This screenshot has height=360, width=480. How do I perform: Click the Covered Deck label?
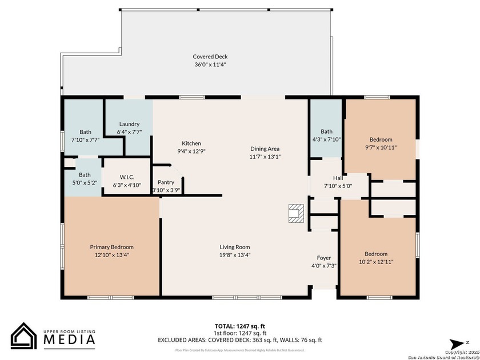tap(210, 57)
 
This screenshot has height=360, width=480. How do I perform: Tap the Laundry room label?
tap(129, 124)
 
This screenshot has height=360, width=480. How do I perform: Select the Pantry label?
tap(166, 182)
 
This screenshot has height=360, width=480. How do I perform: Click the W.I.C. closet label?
tap(127, 177)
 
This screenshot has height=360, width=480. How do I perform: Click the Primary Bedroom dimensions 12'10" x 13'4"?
tap(111, 255)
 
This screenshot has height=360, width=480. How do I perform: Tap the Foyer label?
tap(324, 258)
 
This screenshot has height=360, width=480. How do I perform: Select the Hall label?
tap(338, 178)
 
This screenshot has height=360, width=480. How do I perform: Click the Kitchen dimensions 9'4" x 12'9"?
tap(191, 151)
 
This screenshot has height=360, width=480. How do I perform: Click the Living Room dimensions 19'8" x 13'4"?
tap(235, 255)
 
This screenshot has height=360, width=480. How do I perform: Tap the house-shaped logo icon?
tap(24, 337)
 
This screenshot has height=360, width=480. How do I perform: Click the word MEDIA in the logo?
tap(70, 339)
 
